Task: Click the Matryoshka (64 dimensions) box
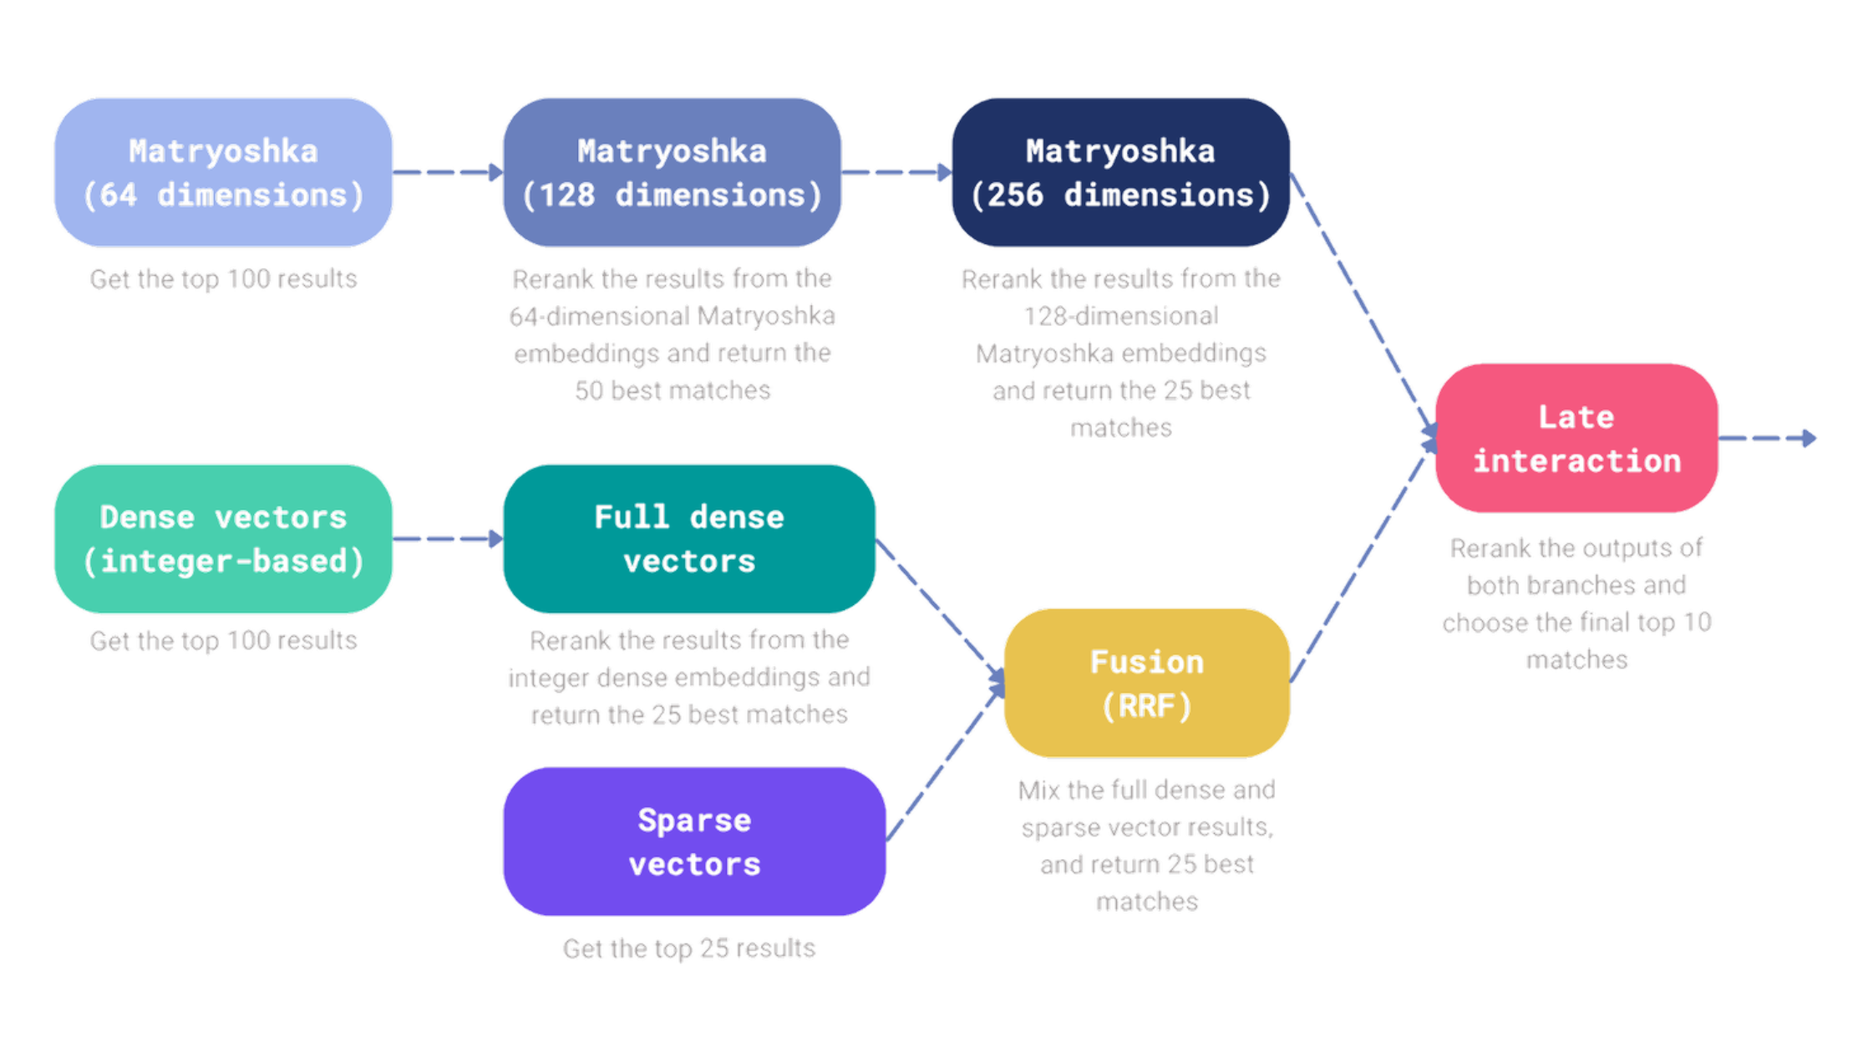click(x=223, y=172)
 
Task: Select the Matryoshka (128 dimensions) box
click(x=672, y=172)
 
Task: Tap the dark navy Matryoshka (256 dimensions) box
click(x=1120, y=172)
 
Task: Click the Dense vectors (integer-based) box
click(x=223, y=538)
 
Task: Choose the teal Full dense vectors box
click(x=688, y=538)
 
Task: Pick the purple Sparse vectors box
click(x=693, y=841)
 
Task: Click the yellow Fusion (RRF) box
click(x=1146, y=683)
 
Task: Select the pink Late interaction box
click(x=1576, y=438)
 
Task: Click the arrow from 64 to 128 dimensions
click(x=447, y=172)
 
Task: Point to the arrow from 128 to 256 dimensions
click(x=896, y=172)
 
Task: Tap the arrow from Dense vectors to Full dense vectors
click(x=447, y=538)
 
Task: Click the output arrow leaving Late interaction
click(x=1767, y=438)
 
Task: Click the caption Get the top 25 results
click(x=688, y=948)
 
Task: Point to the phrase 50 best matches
click(x=672, y=390)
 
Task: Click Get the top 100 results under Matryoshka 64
click(x=223, y=278)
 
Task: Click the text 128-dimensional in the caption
click(x=1120, y=316)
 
